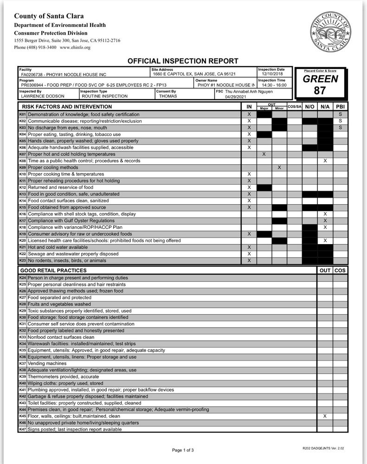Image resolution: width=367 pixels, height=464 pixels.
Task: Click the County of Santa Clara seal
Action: coord(330,32)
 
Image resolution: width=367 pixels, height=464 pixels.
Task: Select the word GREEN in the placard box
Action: coord(320,79)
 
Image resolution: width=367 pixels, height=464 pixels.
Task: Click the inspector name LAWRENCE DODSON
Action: coord(40,97)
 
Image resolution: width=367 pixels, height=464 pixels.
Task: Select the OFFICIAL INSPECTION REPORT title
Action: coord(183,61)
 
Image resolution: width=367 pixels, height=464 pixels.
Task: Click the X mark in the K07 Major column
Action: coord(264,154)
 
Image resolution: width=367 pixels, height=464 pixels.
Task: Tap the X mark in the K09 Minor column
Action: coord(279,167)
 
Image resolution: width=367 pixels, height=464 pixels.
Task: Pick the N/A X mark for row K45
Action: coord(325,416)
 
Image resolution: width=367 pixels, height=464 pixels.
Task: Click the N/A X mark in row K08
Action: coord(325,161)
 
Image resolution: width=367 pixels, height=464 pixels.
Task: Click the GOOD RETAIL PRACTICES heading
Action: coord(53,270)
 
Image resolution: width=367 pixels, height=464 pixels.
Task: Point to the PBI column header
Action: coord(340,107)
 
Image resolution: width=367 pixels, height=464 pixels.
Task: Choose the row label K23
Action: coord(22,261)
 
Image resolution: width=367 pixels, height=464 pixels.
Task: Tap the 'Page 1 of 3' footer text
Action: coord(183,450)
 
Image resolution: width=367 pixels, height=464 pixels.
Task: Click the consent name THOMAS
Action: coord(167,97)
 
